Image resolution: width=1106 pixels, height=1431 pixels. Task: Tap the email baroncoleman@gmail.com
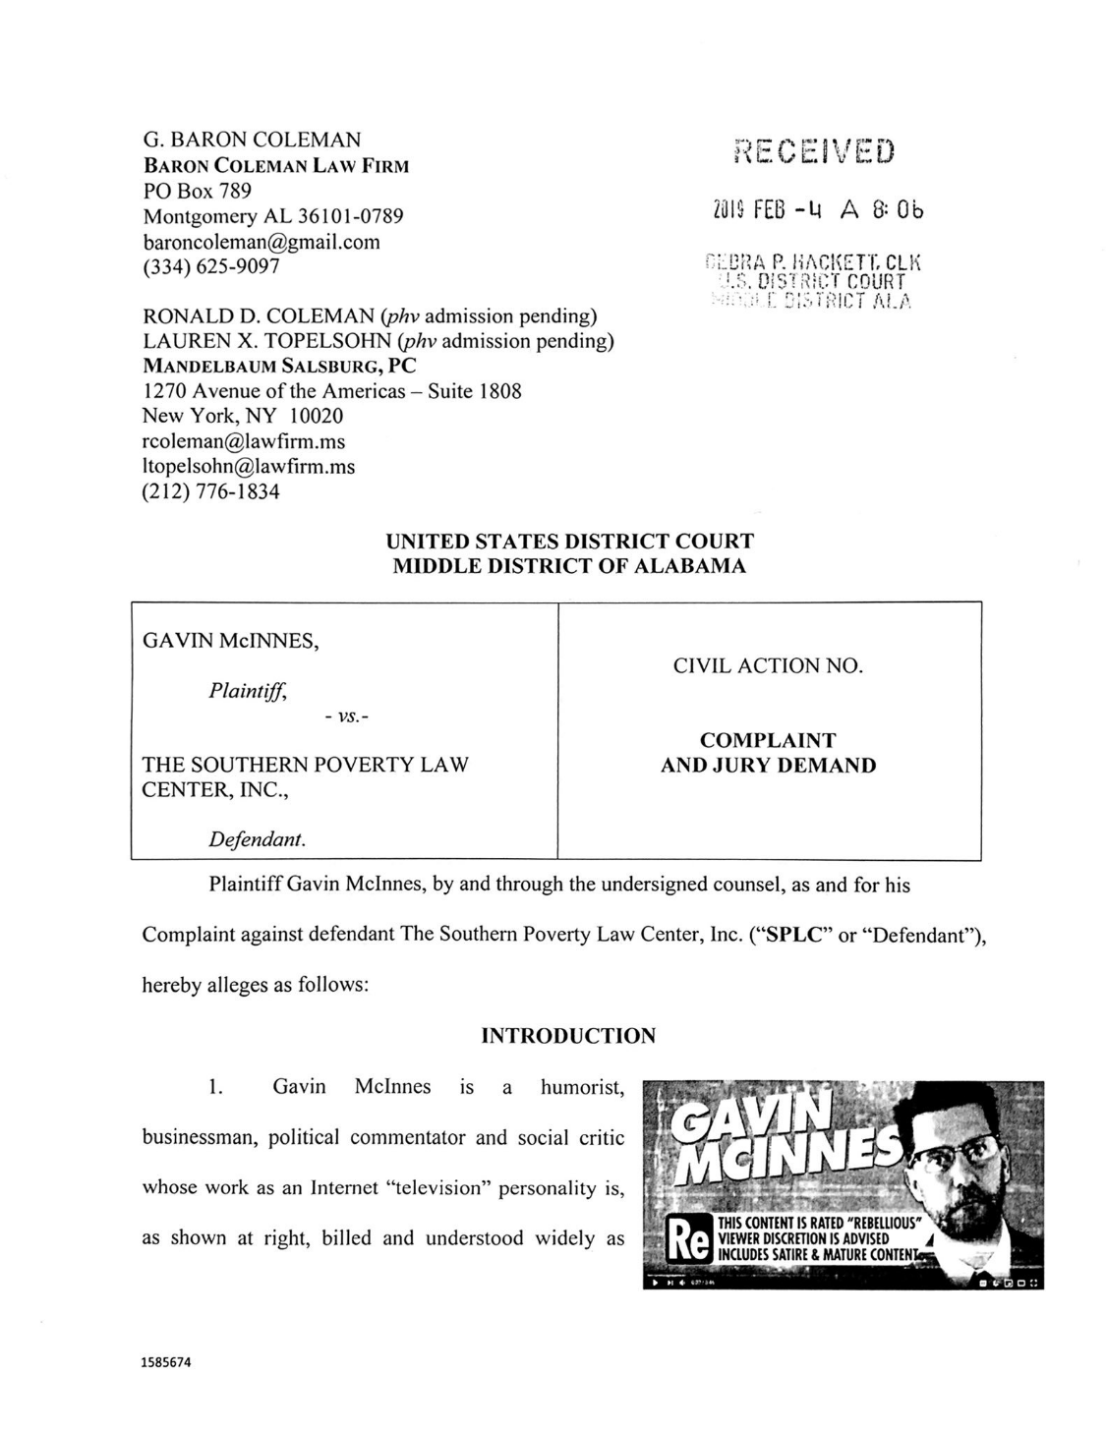(262, 241)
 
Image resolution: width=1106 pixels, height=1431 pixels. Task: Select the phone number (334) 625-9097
(211, 266)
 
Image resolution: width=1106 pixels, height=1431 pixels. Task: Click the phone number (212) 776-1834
(211, 491)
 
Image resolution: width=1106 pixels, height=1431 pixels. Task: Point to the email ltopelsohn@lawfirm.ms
(249, 466)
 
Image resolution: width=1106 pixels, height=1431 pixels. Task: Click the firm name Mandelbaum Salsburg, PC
(279, 366)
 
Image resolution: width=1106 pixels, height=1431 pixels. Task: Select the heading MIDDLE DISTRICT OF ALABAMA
(569, 566)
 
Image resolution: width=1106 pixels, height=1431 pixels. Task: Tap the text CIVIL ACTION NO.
(768, 665)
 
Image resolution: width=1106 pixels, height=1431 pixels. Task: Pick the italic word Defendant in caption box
(257, 839)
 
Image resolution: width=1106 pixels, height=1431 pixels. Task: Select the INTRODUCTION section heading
(568, 1035)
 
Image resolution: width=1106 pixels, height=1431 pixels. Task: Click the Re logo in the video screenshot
(688, 1240)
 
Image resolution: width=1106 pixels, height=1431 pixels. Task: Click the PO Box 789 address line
(198, 190)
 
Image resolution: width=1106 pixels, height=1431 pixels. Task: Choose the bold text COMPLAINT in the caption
(768, 740)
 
